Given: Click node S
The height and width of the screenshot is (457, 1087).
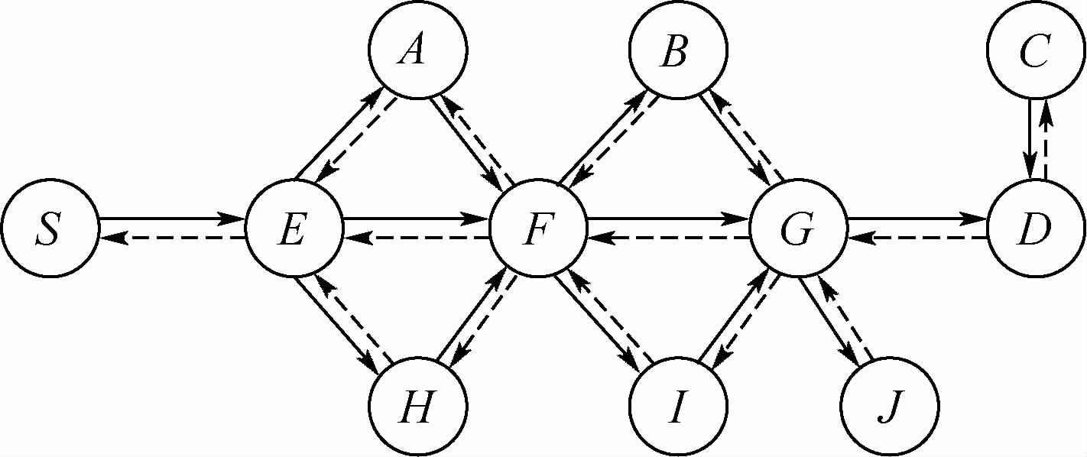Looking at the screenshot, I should pyautogui.click(x=50, y=228).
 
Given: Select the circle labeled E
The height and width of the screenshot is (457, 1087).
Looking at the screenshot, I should pyautogui.click(x=294, y=228).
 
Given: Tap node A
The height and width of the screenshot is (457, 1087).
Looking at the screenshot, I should pyautogui.click(x=417, y=50).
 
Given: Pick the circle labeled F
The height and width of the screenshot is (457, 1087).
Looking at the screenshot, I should pyautogui.click(x=538, y=228).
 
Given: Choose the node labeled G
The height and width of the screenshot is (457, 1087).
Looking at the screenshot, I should pyautogui.click(x=798, y=228).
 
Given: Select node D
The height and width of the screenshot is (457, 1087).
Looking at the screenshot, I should pyautogui.click(x=1037, y=228).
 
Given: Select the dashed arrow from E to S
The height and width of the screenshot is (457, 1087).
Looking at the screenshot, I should pyautogui.click(x=172, y=238).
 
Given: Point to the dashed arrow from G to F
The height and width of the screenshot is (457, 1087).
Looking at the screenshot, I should pyautogui.click(x=668, y=238).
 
